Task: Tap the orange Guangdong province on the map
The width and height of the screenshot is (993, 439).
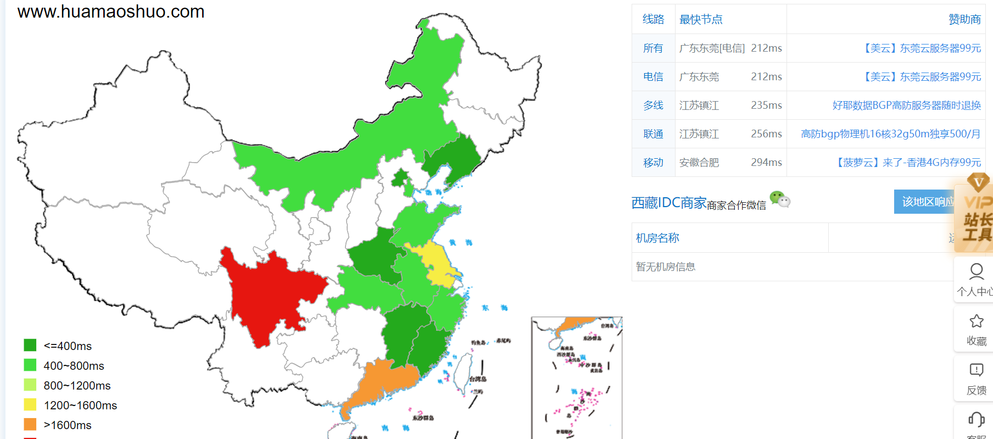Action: click(x=384, y=382)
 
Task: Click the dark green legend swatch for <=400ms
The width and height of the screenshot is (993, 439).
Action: click(x=30, y=345)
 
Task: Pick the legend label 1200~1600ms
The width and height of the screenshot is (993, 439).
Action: click(x=80, y=405)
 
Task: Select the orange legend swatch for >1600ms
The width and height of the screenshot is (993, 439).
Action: click(x=30, y=424)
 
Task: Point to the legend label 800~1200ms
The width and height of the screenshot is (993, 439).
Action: click(x=77, y=386)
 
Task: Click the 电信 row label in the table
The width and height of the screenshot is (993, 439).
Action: click(x=653, y=77)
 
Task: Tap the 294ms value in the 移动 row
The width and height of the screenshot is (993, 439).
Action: click(x=766, y=163)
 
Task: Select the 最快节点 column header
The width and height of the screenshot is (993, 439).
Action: click(x=701, y=20)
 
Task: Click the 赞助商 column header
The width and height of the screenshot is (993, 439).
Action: click(x=964, y=20)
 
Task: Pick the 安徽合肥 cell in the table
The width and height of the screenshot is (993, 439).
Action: click(x=699, y=163)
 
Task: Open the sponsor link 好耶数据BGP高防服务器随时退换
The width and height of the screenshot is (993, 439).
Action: click(x=906, y=105)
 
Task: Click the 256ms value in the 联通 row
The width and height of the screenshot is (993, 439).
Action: click(x=766, y=134)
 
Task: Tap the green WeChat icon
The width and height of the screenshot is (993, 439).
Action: click(x=779, y=198)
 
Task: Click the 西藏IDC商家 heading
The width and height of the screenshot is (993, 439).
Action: click(x=668, y=203)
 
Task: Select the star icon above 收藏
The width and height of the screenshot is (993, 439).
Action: click(x=976, y=321)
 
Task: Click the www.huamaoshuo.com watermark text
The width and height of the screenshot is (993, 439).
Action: click(x=111, y=12)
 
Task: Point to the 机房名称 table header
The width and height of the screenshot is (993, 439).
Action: click(x=657, y=238)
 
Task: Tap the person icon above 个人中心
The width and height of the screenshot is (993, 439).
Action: click(x=976, y=271)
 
